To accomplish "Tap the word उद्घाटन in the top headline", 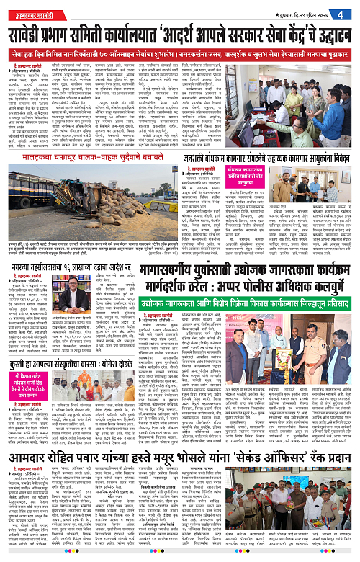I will (328, 33).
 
